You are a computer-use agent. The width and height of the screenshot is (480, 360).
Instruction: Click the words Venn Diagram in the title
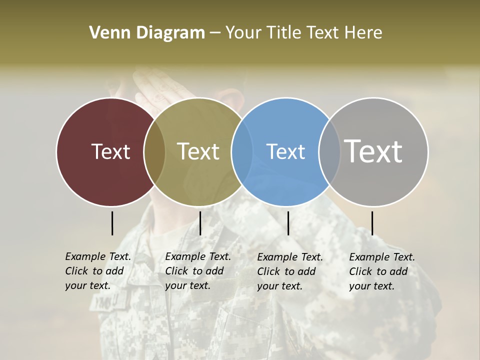(x=147, y=33)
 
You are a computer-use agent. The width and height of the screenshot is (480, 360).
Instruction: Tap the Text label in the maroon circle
(x=110, y=151)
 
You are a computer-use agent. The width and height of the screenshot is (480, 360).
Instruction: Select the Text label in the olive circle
(x=198, y=151)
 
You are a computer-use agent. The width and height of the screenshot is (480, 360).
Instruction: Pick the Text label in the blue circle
(x=285, y=151)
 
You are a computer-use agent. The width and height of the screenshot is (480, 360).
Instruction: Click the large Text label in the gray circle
(x=373, y=151)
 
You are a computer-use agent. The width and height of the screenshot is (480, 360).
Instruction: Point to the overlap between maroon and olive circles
(x=154, y=151)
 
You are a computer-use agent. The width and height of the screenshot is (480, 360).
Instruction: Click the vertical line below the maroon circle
(x=112, y=223)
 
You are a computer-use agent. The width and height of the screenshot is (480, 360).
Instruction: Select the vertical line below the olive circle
(x=200, y=223)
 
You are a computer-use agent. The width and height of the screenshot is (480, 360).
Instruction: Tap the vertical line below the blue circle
(x=288, y=223)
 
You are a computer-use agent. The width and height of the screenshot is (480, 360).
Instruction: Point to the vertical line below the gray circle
(x=372, y=223)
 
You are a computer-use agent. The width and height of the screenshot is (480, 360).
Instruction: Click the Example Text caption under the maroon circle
(x=97, y=271)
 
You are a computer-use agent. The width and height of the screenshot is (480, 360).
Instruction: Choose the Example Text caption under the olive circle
(x=197, y=271)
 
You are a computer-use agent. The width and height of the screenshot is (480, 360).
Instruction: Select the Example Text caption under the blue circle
(x=289, y=271)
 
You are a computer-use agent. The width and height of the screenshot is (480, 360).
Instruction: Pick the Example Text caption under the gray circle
(x=381, y=271)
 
